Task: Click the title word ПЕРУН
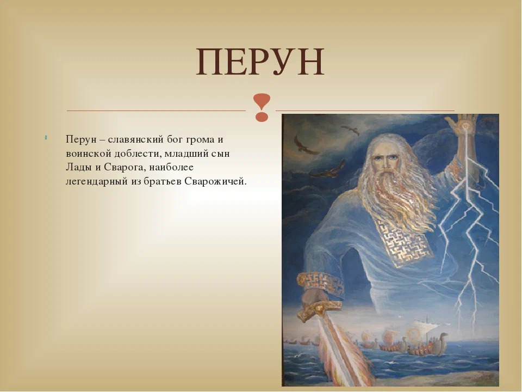[260, 62]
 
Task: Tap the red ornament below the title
[262, 107]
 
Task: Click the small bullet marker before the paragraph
[46, 137]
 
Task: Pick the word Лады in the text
[79, 167]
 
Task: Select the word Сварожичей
[215, 181]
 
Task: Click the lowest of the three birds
[327, 170]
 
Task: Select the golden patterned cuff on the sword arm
[320, 284]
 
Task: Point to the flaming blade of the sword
[343, 353]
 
